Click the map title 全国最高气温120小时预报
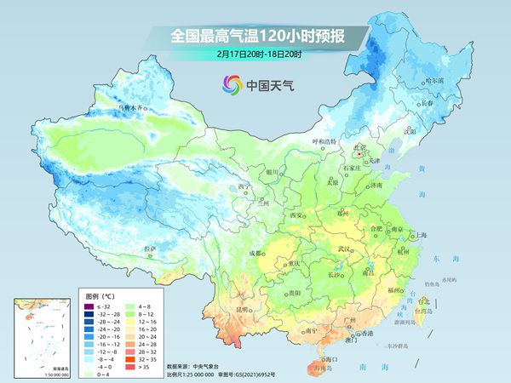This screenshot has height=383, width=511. (x=255, y=37)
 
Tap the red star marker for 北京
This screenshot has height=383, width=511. (x=359, y=155)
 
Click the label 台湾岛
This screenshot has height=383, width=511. (x=423, y=312)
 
